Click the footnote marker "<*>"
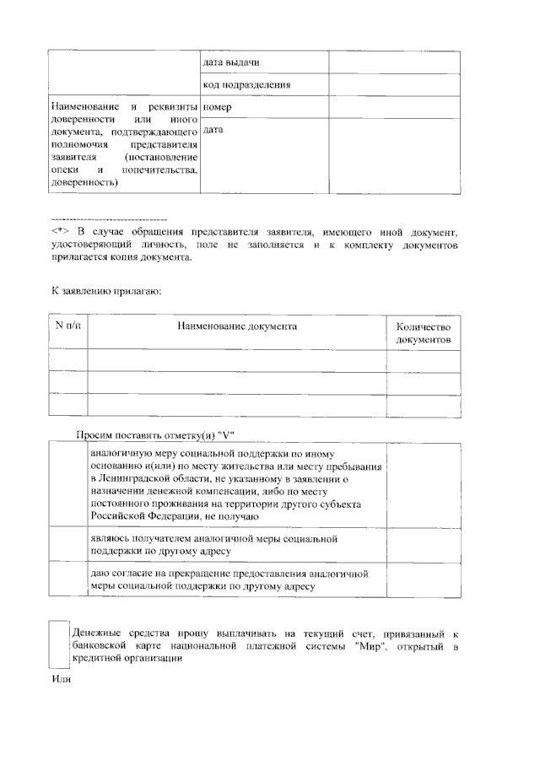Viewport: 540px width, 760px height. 59,231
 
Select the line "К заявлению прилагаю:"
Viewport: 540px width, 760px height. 105,291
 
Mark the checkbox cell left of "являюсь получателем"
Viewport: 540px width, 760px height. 68,545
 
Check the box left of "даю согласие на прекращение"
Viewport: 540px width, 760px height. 68,580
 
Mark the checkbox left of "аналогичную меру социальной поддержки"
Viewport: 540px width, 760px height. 68,485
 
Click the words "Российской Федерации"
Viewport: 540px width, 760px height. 143,517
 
